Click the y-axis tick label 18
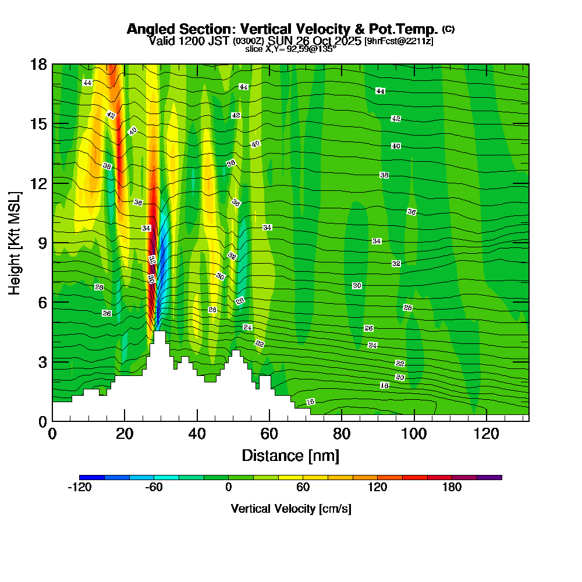(x=38, y=65)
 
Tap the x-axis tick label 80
(x=341, y=434)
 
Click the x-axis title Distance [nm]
(x=290, y=455)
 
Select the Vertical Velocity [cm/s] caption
(x=290, y=509)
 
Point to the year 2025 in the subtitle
(x=339, y=41)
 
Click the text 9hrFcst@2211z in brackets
(x=399, y=41)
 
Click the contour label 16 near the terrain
(x=310, y=402)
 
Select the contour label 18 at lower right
(x=384, y=385)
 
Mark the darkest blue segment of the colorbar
(x=92, y=477)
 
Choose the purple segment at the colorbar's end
(x=489, y=477)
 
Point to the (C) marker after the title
(x=448, y=29)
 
